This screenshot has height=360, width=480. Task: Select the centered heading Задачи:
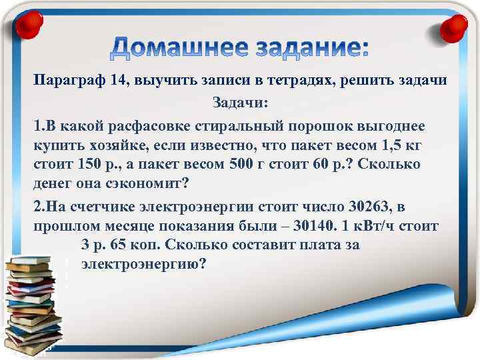[x=240, y=103]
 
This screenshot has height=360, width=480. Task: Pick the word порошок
[x=317, y=125]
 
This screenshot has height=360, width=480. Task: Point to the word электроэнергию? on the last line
[x=144, y=264]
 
